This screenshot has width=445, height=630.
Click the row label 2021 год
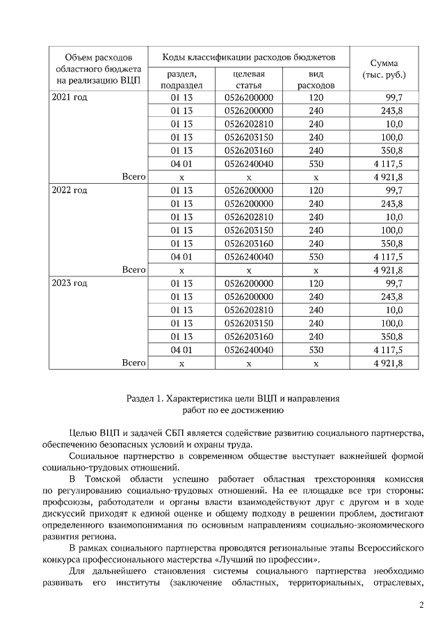coord(70,97)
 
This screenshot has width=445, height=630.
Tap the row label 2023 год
coord(70,283)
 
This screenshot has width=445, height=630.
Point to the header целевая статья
coord(248,79)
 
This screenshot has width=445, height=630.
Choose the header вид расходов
coord(316,79)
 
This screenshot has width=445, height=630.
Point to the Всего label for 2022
coord(133,269)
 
